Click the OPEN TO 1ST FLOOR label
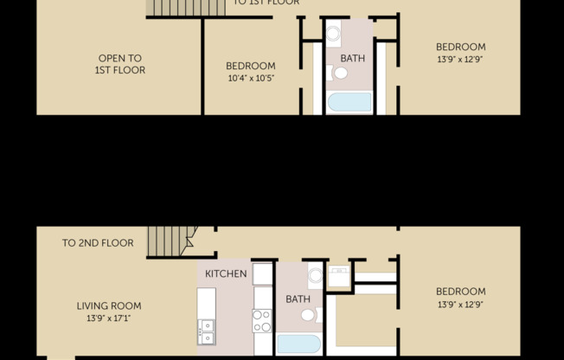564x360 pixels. [119, 64]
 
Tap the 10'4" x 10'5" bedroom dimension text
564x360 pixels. [251, 78]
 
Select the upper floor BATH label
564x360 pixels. [352, 59]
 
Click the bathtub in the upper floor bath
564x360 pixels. [349, 103]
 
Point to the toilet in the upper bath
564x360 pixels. [339, 74]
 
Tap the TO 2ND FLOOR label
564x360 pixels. [98, 243]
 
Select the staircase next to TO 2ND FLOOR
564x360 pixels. [168, 240]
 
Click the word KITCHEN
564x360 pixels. [226, 274]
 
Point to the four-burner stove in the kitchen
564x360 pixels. [261, 321]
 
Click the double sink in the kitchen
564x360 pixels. [206, 331]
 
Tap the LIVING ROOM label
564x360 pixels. [109, 305]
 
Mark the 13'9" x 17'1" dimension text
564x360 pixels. [109, 318]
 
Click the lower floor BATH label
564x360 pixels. [298, 299]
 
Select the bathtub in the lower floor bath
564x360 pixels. [298, 344]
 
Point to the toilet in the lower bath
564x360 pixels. [309, 314]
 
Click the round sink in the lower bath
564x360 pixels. [315, 277]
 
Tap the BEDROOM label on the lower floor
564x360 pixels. [460, 292]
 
